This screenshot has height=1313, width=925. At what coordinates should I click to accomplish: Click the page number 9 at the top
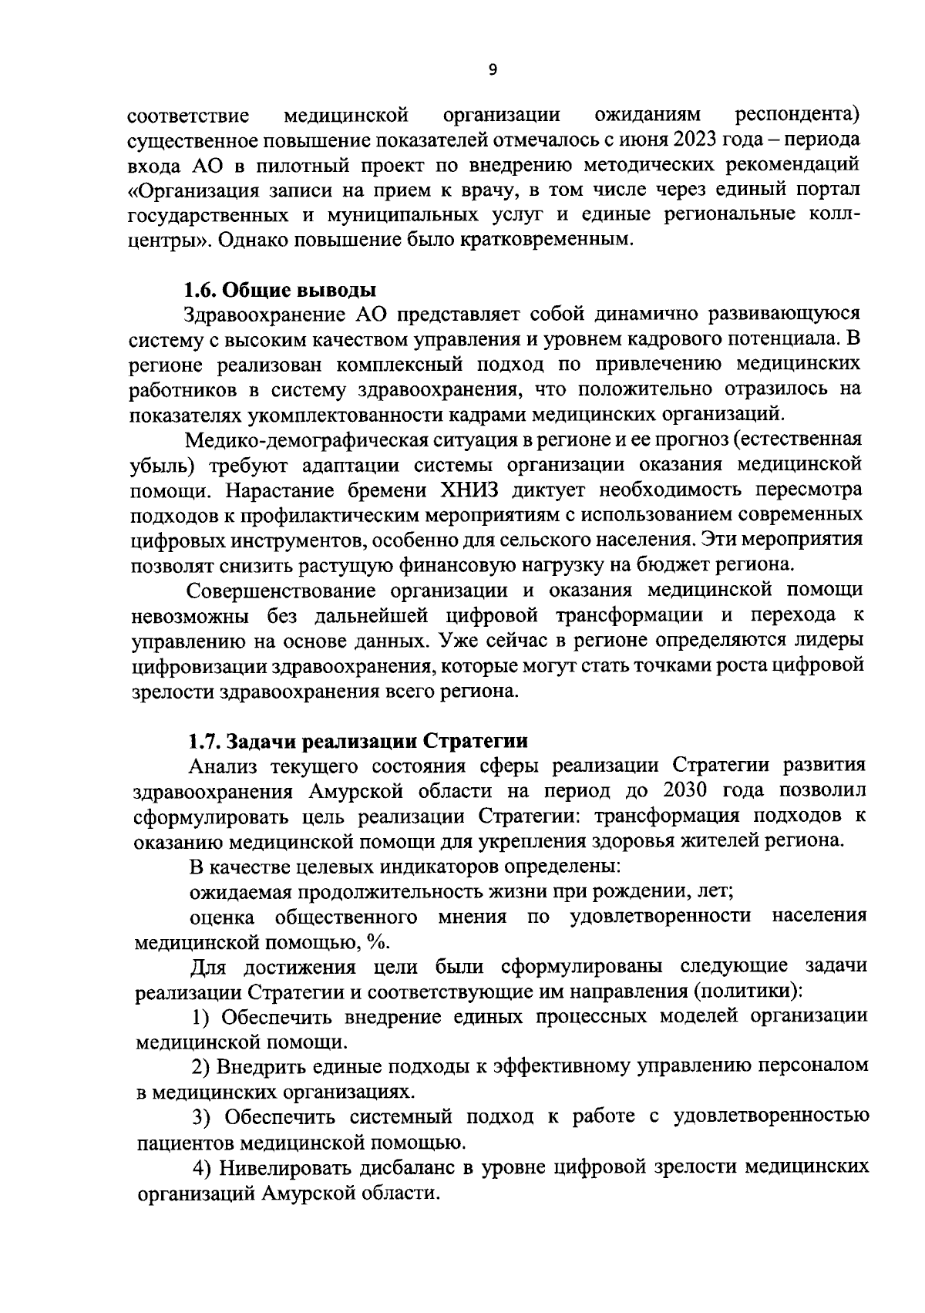coord(493,70)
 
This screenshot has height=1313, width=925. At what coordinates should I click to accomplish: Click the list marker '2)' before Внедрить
coord(201,1066)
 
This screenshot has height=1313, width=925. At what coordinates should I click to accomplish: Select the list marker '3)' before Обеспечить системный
coord(201,1116)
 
